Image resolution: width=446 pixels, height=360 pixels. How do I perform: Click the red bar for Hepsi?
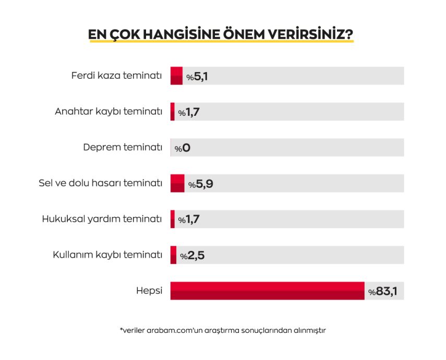tap(267, 291)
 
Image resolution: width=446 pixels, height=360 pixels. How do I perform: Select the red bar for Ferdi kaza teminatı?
tap(176, 76)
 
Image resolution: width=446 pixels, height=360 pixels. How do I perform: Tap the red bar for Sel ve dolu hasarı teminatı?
tap(177, 183)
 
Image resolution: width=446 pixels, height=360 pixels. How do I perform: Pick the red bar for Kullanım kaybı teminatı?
tap(174, 255)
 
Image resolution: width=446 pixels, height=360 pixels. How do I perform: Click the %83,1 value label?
tap(383, 291)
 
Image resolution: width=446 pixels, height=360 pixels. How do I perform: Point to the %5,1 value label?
tap(198, 77)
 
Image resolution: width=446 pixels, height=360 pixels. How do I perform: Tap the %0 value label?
tap(182, 148)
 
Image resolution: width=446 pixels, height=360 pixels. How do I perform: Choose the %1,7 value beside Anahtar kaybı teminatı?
tap(188, 112)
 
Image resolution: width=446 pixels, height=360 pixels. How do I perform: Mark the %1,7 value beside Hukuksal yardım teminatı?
tap(188, 220)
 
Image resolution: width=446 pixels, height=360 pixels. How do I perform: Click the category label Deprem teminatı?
tap(123, 147)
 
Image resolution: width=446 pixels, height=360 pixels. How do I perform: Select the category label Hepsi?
tap(149, 291)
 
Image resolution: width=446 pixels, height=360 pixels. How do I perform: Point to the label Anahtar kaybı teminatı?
tap(109, 112)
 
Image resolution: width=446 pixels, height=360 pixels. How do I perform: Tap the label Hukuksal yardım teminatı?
tap(102, 219)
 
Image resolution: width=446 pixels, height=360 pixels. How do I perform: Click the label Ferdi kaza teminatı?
tap(116, 76)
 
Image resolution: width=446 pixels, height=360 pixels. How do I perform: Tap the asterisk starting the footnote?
tap(121, 329)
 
